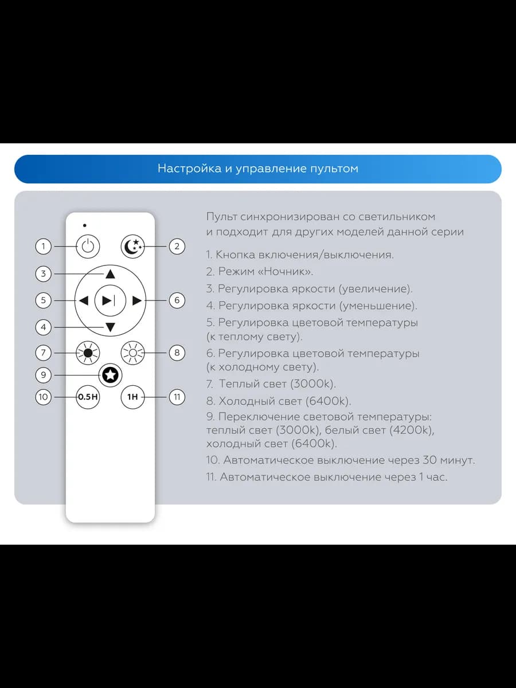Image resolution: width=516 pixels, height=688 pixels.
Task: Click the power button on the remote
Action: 88,247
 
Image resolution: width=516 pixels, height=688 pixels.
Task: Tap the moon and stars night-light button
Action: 133,247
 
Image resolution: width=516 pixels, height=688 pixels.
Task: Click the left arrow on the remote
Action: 84,300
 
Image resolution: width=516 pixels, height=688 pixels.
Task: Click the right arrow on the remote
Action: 136,300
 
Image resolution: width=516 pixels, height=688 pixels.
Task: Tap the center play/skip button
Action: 110,300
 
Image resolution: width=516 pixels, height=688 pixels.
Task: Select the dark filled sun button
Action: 88,353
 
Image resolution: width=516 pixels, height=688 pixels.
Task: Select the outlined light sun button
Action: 133,353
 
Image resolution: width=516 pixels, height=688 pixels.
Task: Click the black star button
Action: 110,375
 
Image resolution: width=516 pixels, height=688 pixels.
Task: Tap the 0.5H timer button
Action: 88,397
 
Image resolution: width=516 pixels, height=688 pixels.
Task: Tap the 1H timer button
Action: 133,397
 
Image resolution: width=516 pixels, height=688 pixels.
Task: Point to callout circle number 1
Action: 44,247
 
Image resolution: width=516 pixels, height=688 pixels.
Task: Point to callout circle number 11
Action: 177,397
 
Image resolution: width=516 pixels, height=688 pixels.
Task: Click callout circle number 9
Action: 44,375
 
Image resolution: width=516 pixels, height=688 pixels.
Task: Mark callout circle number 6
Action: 177,300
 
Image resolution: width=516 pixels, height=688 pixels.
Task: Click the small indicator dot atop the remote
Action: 85,225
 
